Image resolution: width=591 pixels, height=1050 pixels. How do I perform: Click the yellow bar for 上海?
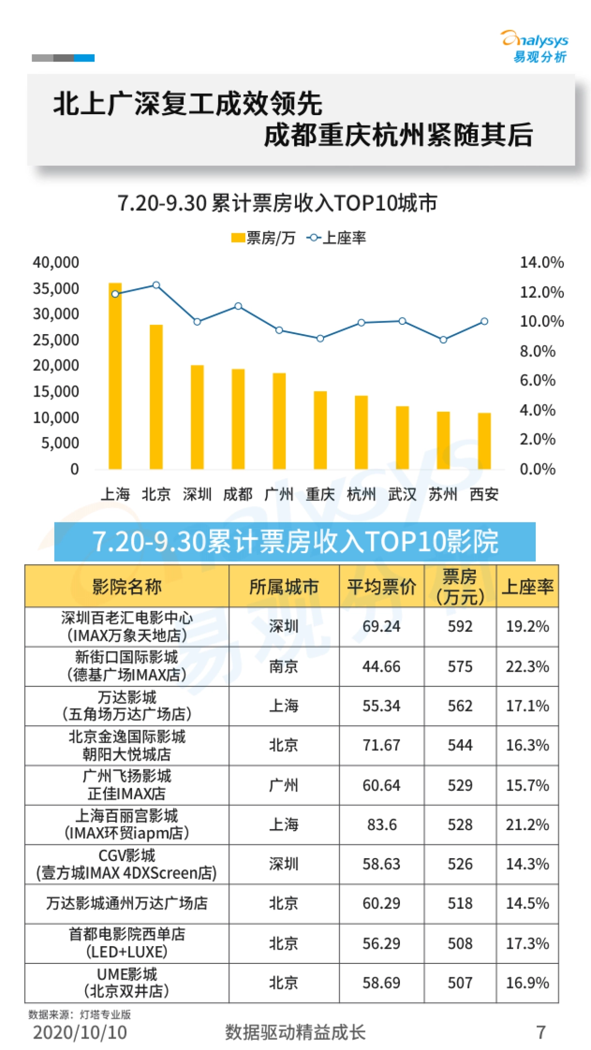point(115,376)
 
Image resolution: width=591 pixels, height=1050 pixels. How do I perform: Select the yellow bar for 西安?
point(484,441)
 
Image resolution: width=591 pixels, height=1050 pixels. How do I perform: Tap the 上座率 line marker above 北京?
point(156,285)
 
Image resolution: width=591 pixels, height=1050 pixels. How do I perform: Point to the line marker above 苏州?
point(443,340)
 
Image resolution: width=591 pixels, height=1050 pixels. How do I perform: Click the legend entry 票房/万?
point(263,238)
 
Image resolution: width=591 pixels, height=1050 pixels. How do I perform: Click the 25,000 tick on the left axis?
point(56,340)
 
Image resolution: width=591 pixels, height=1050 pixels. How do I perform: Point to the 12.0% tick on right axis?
point(542,292)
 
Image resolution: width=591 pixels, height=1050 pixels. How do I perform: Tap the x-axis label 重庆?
point(320,494)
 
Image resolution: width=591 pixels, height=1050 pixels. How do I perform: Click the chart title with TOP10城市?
point(277,203)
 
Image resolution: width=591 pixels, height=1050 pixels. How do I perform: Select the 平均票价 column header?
point(381,587)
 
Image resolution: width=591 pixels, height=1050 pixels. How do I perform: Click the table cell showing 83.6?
point(382,825)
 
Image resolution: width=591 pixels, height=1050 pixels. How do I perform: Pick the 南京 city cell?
point(284,666)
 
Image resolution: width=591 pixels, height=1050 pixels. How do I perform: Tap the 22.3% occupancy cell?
point(527,666)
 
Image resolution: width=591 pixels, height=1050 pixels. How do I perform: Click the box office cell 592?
point(460,626)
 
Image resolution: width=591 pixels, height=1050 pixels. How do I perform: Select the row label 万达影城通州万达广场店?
point(127,903)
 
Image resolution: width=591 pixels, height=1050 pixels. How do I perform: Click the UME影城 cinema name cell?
point(127,982)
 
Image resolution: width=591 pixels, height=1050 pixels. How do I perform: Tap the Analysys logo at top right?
point(536,47)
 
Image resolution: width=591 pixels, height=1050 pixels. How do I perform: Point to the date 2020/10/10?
point(80,1032)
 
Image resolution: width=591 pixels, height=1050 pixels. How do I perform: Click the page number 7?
point(541,1032)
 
